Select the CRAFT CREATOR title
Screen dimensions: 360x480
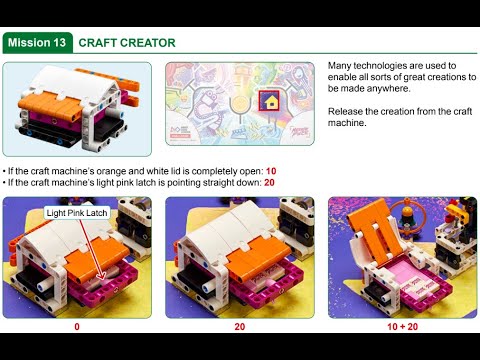click(127, 43)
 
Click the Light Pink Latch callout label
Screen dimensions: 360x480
click(76, 213)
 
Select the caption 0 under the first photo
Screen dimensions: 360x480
click(77, 326)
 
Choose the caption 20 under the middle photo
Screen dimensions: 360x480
click(239, 326)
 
